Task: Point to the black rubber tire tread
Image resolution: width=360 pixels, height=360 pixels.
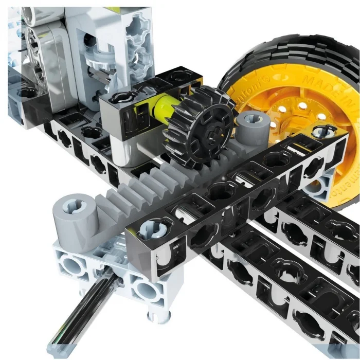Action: pyautogui.click(x=288, y=57)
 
